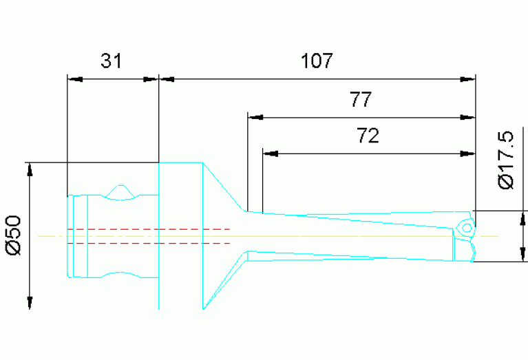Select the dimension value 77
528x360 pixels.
(361, 100)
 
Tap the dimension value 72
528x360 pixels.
(368, 136)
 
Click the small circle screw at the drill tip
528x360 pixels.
(466, 227)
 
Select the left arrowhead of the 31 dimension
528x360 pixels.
(74, 79)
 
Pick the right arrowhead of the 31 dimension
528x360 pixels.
(151, 79)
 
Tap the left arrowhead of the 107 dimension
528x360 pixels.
(167, 79)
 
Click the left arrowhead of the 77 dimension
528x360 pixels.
(255, 116)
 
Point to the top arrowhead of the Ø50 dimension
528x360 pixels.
(30, 170)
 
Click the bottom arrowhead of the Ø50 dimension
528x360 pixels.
(30, 302)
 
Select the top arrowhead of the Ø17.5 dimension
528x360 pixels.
(523, 218)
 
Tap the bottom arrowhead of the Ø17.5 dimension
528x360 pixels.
(523, 254)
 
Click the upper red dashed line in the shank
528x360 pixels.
(148, 229)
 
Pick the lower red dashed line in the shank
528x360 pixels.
(148, 243)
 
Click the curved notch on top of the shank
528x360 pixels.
(121, 191)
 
